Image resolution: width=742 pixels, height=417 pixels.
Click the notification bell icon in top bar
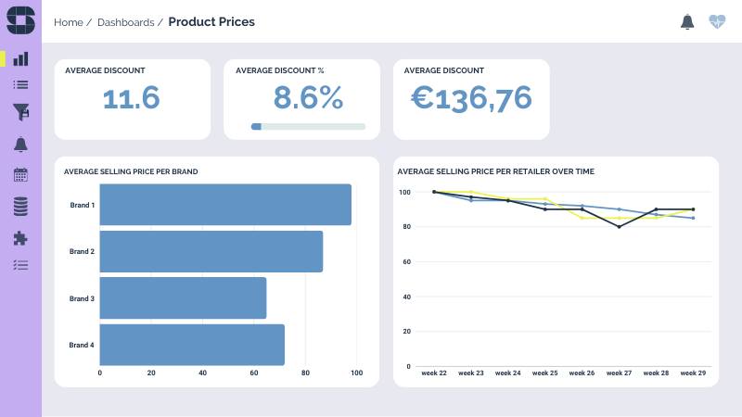[x=687, y=21]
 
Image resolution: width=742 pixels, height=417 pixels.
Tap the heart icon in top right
[x=717, y=21]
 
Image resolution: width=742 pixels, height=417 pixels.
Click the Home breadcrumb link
[x=68, y=22]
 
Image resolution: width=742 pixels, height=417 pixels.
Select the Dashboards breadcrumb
[x=125, y=22]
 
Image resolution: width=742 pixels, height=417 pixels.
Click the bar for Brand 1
[x=225, y=205]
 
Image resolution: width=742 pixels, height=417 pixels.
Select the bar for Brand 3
[x=183, y=298]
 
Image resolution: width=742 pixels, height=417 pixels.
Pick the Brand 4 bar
[x=192, y=345]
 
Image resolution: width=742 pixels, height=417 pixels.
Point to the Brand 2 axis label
[x=82, y=251]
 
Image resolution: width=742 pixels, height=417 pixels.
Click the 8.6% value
[x=308, y=97]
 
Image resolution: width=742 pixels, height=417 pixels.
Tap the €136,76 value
[x=471, y=97]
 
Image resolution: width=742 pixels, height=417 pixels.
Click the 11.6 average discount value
[x=131, y=97]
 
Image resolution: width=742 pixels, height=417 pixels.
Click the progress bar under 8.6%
[x=308, y=126]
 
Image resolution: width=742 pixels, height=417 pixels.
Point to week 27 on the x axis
[x=619, y=373]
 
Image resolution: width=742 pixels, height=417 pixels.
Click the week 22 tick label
[x=434, y=373]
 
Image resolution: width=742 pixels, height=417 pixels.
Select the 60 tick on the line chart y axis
[x=405, y=262]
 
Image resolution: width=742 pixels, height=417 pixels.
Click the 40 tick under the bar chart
[x=202, y=373]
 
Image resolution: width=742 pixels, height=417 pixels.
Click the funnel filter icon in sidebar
[x=20, y=112]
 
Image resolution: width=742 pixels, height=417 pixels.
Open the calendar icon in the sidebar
[x=20, y=174]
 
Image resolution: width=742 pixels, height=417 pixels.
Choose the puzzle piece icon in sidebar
[x=20, y=238]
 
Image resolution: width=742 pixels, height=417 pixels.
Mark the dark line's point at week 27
[x=619, y=227]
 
